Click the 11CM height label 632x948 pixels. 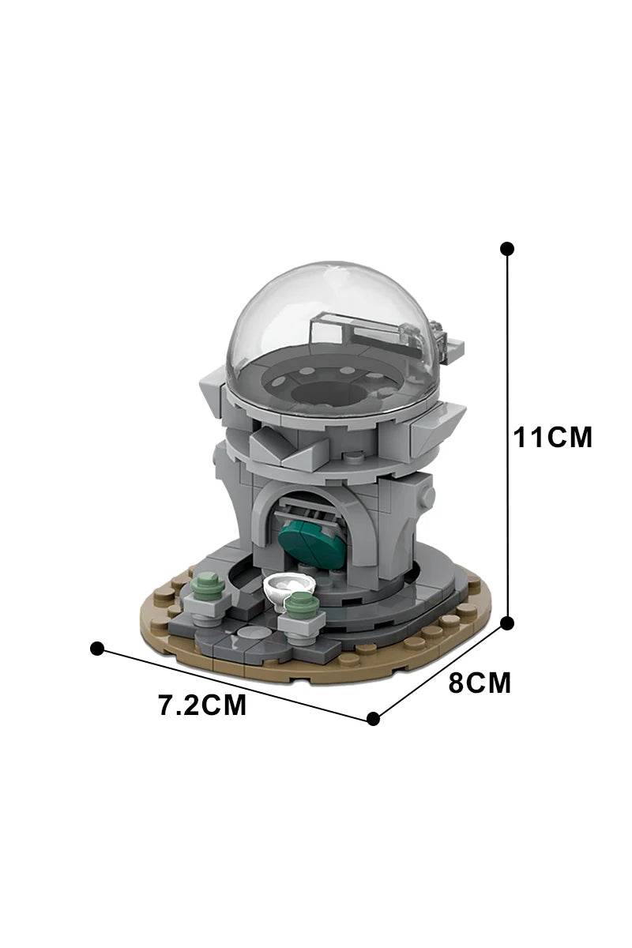click(x=552, y=437)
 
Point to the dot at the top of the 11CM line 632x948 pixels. click(x=506, y=249)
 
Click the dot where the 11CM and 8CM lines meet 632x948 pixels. click(x=506, y=623)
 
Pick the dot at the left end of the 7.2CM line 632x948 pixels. click(x=97, y=649)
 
